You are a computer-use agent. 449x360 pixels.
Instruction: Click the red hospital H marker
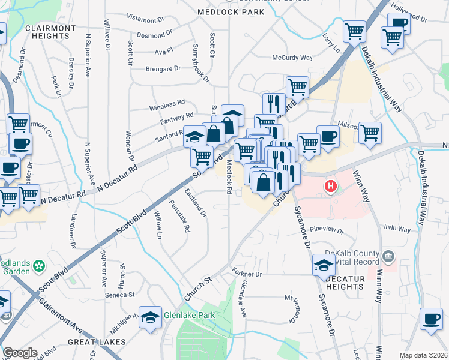330,187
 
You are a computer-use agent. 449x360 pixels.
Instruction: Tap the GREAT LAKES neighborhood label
97,341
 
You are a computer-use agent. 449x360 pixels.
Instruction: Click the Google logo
20,353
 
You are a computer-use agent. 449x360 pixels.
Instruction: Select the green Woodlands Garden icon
40,265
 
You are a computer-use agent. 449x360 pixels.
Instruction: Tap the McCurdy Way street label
292,58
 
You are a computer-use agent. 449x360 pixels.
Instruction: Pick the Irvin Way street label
397,229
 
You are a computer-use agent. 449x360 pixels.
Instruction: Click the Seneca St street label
120,295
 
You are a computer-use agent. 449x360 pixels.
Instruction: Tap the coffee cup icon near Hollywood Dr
399,23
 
